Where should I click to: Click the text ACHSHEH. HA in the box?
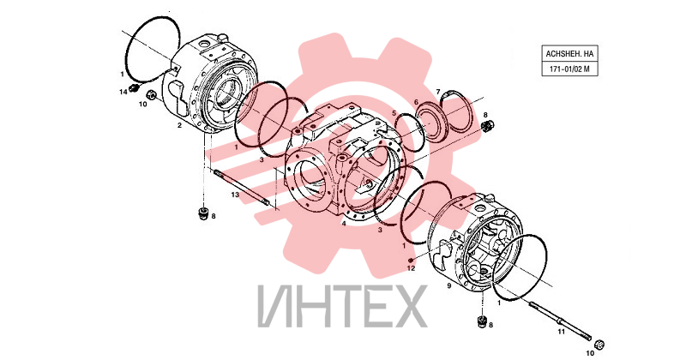pyautogui.click(x=569, y=54)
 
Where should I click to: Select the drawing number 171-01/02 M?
pyautogui.click(x=569, y=69)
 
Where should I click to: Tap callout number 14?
pyautogui.click(x=123, y=92)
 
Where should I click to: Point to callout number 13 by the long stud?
pyautogui.click(x=235, y=195)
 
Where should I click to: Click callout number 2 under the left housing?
pyautogui.click(x=179, y=125)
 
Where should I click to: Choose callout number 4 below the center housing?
pyautogui.click(x=344, y=224)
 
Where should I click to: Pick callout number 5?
pyautogui.click(x=394, y=113)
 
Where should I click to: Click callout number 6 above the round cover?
pyautogui.click(x=416, y=102)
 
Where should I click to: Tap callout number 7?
pyautogui.click(x=438, y=92)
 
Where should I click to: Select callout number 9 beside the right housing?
pyautogui.click(x=448, y=286)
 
